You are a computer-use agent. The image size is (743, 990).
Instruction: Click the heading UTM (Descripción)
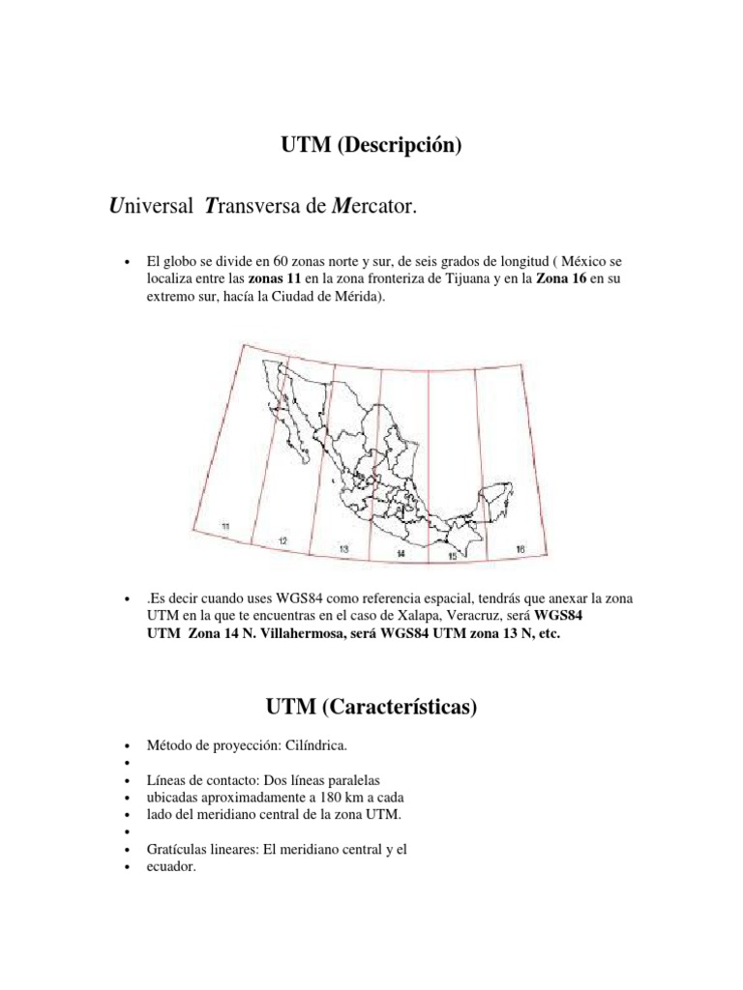point(371,147)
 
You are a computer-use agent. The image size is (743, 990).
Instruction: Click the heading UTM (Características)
point(371,708)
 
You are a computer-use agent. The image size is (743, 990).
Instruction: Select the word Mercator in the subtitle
point(376,207)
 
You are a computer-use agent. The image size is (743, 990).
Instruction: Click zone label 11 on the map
point(224,526)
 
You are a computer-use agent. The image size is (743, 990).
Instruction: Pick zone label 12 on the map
point(282,541)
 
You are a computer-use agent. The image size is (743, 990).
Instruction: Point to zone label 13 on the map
point(343,548)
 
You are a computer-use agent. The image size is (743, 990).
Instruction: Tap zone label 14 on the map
point(401,554)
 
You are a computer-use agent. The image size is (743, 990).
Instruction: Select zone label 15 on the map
point(451,558)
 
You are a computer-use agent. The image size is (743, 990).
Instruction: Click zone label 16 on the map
point(520,549)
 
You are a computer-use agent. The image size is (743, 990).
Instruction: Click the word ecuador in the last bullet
point(171,866)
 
